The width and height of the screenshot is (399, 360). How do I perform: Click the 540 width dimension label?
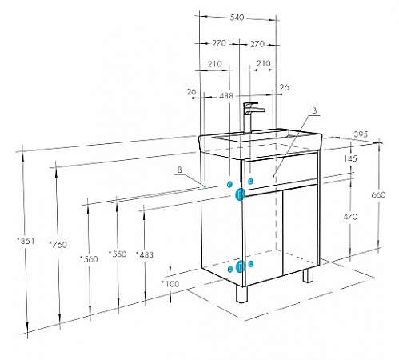click(237, 18)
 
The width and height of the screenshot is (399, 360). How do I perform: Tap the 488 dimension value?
click(226, 96)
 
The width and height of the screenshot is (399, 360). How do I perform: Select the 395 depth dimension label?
click(361, 134)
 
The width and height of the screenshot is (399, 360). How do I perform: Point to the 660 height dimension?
click(378, 195)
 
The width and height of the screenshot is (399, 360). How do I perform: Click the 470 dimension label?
click(350, 217)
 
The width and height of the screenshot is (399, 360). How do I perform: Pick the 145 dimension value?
click(350, 158)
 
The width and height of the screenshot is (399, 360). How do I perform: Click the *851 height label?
click(26, 241)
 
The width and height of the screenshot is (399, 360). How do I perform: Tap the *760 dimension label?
click(58, 244)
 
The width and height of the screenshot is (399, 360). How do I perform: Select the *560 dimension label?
click(89, 259)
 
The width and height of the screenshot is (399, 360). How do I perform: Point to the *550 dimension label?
click(118, 254)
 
